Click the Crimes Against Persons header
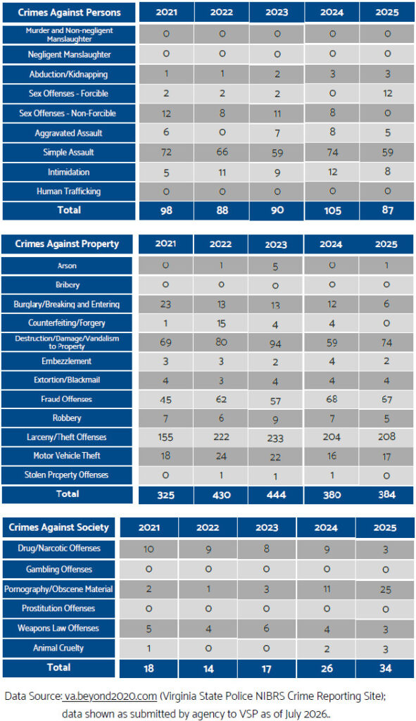pos(69,13)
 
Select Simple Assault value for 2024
pos(332,152)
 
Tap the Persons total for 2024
pos(332,211)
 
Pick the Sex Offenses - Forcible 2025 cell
pos(387,94)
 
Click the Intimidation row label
pos(69,173)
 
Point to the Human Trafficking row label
pos(69,192)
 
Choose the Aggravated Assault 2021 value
pos(166,132)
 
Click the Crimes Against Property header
pos(67,244)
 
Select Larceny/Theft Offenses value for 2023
pos(275,438)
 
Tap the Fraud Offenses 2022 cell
pos(221,399)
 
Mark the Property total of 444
pos(276,495)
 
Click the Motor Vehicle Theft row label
pos(67,456)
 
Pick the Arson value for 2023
pos(275,266)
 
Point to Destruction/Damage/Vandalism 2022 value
pos(221,342)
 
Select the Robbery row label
pos(67,418)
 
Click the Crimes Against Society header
pos(59,527)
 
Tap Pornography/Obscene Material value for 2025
pos(385,589)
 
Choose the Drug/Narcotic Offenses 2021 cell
pos(149,548)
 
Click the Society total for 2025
pos(385,667)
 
